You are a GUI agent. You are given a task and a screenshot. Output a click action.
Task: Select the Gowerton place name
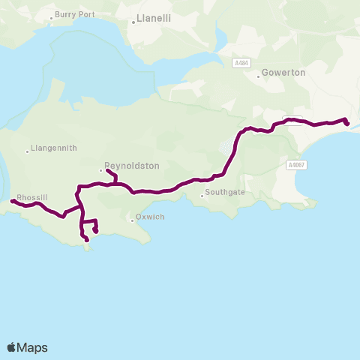pyautogui.click(x=283, y=73)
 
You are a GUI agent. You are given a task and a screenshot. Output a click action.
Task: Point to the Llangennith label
pyautogui.click(x=55, y=148)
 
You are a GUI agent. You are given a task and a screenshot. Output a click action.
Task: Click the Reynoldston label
pyautogui.click(x=133, y=166)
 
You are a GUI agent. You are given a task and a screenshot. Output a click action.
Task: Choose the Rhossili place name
pyautogui.click(x=32, y=196)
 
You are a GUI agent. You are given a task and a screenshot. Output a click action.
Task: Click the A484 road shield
pyautogui.click(x=241, y=63)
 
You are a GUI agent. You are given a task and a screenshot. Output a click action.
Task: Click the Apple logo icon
pyautogui.click(x=12, y=347)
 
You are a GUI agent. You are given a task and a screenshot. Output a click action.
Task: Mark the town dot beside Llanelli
pyautogui.click(x=133, y=22)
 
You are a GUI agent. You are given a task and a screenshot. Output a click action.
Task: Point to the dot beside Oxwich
pyautogui.click(x=130, y=220)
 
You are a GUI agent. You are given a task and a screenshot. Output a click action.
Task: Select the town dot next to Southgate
pyautogui.click(x=202, y=196)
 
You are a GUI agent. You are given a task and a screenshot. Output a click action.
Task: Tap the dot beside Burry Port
pyautogui.click(x=51, y=16)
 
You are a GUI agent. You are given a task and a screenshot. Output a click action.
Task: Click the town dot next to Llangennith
pyautogui.click(x=27, y=151)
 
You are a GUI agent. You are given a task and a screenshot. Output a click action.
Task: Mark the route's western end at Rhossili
pyautogui.click(x=12, y=201)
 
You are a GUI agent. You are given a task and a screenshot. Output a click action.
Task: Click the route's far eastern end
pyautogui.click(x=347, y=124)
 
